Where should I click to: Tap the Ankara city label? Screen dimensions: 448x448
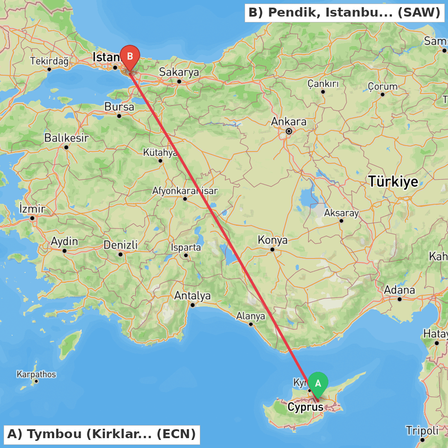click(x=289, y=122)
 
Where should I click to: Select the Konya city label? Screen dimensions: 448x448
click(x=272, y=240)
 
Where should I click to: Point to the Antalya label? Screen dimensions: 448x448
click(x=192, y=296)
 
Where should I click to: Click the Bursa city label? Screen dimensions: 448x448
click(x=119, y=107)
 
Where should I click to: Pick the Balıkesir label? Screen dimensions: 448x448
click(x=66, y=138)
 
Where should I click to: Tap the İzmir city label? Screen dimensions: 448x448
click(x=32, y=209)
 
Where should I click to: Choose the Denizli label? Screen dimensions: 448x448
click(x=121, y=245)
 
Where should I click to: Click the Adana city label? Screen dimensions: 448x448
click(x=400, y=290)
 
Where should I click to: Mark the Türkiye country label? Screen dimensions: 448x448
click(x=393, y=181)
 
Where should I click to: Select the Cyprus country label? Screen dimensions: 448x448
click(x=305, y=407)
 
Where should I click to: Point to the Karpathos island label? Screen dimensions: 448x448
click(x=36, y=374)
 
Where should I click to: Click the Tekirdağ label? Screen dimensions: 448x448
click(x=49, y=61)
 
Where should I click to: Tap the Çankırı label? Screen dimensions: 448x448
click(x=323, y=84)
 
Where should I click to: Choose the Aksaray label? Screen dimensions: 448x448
click(x=341, y=213)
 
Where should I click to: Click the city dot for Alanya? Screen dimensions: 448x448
click(x=251, y=324)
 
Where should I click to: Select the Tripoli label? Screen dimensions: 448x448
click(x=422, y=431)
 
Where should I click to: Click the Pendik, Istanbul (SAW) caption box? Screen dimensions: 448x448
click(x=345, y=13)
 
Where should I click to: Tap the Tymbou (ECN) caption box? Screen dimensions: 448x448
click(x=102, y=434)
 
